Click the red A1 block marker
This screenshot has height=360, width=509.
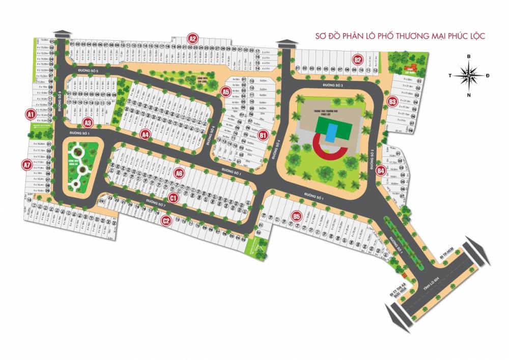[x=31, y=114]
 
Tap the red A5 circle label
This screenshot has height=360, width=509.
[x=226, y=92]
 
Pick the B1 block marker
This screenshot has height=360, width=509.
[x=263, y=135]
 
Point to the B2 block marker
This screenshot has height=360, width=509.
[x=358, y=60]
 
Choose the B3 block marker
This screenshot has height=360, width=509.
[x=392, y=102]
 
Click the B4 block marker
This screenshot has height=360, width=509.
[x=381, y=171]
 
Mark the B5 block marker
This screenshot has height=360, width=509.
[x=297, y=217]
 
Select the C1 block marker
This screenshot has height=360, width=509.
[x=173, y=197]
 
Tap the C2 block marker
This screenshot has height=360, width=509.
[x=165, y=220]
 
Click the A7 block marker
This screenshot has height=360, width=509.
[x=27, y=165]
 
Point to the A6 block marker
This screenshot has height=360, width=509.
[x=179, y=174]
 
